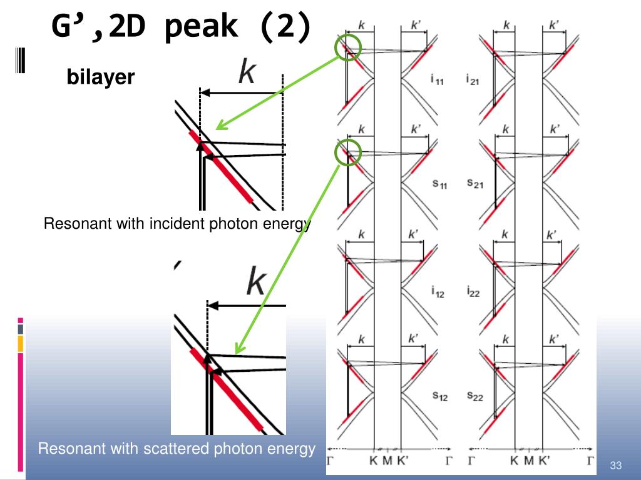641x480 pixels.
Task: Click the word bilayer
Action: [x=101, y=77]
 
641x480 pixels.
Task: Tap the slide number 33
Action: [x=616, y=465]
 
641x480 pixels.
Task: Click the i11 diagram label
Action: [x=437, y=79]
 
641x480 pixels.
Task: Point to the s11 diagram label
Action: [x=440, y=184]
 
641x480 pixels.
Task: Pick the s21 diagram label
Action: [x=475, y=184]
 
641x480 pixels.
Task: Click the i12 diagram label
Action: [x=438, y=291]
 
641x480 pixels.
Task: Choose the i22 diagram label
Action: [x=473, y=291]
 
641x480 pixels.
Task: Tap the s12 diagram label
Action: [x=440, y=396]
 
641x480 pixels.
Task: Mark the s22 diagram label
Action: [x=475, y=396]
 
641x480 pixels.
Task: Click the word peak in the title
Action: [x=201, y=27]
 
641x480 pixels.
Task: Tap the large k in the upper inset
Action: [x=247, y=71]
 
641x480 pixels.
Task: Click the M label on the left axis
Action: [x=387, y=461]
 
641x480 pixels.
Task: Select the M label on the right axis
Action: [x=528, y=461]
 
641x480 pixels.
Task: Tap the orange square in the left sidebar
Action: [x=21, y=344]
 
